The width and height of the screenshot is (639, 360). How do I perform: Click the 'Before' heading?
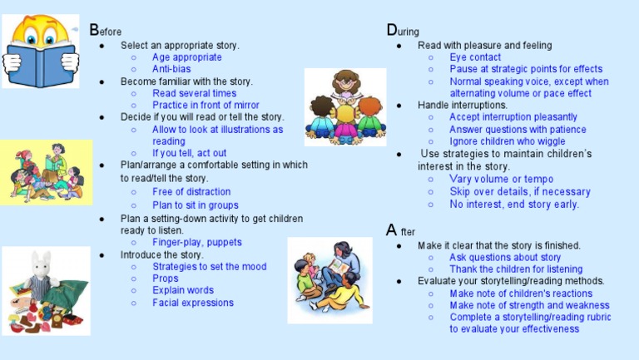pos(106,31)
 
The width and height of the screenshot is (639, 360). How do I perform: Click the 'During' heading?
pos(404,31)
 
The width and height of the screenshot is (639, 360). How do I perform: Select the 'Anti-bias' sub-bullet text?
pos(171,69)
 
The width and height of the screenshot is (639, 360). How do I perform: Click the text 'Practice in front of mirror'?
pos(206,106)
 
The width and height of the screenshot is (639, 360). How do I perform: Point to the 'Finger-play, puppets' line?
pos(197,242)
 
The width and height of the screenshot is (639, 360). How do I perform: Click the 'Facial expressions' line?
pos(193,303)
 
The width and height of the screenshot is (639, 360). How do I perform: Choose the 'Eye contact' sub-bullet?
pos(475,57)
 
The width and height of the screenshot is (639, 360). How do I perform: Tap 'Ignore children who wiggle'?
pos(508,141)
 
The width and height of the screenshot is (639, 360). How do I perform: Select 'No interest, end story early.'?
pos(514,204)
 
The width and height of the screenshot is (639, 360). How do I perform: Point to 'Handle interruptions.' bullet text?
pos(463,106)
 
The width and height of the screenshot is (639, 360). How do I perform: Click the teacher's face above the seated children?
pos(345,83)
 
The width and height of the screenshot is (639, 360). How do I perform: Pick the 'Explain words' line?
pos(183,291)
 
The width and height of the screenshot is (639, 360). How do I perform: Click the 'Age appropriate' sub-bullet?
pos(187,57)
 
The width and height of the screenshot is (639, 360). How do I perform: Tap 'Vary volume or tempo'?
pos(501,179)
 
